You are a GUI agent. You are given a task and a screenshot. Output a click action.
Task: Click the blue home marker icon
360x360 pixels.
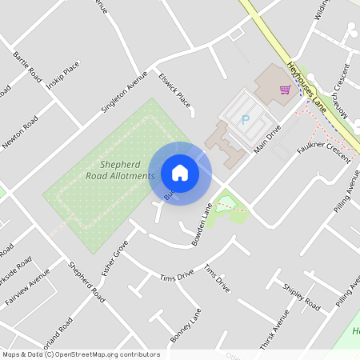pyautogui.click(x=180, y=172)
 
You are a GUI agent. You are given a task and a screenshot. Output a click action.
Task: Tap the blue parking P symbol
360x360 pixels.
pyautogui.click(x=246, y=120)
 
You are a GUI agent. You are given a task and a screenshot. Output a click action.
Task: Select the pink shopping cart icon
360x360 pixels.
pyautogui.click(x=285, y=89)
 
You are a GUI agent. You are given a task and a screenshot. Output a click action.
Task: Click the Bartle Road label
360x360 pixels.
pyautogui.click(x=27, y=67)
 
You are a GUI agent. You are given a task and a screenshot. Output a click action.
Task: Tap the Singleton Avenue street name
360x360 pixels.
pyautogui.click(x=125, y=91)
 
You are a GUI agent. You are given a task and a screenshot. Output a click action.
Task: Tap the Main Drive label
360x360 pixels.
pyautogui.click(x=269, y=139)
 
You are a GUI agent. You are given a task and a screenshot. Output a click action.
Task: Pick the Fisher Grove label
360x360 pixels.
pyautogui.click(x=115, y=260)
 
